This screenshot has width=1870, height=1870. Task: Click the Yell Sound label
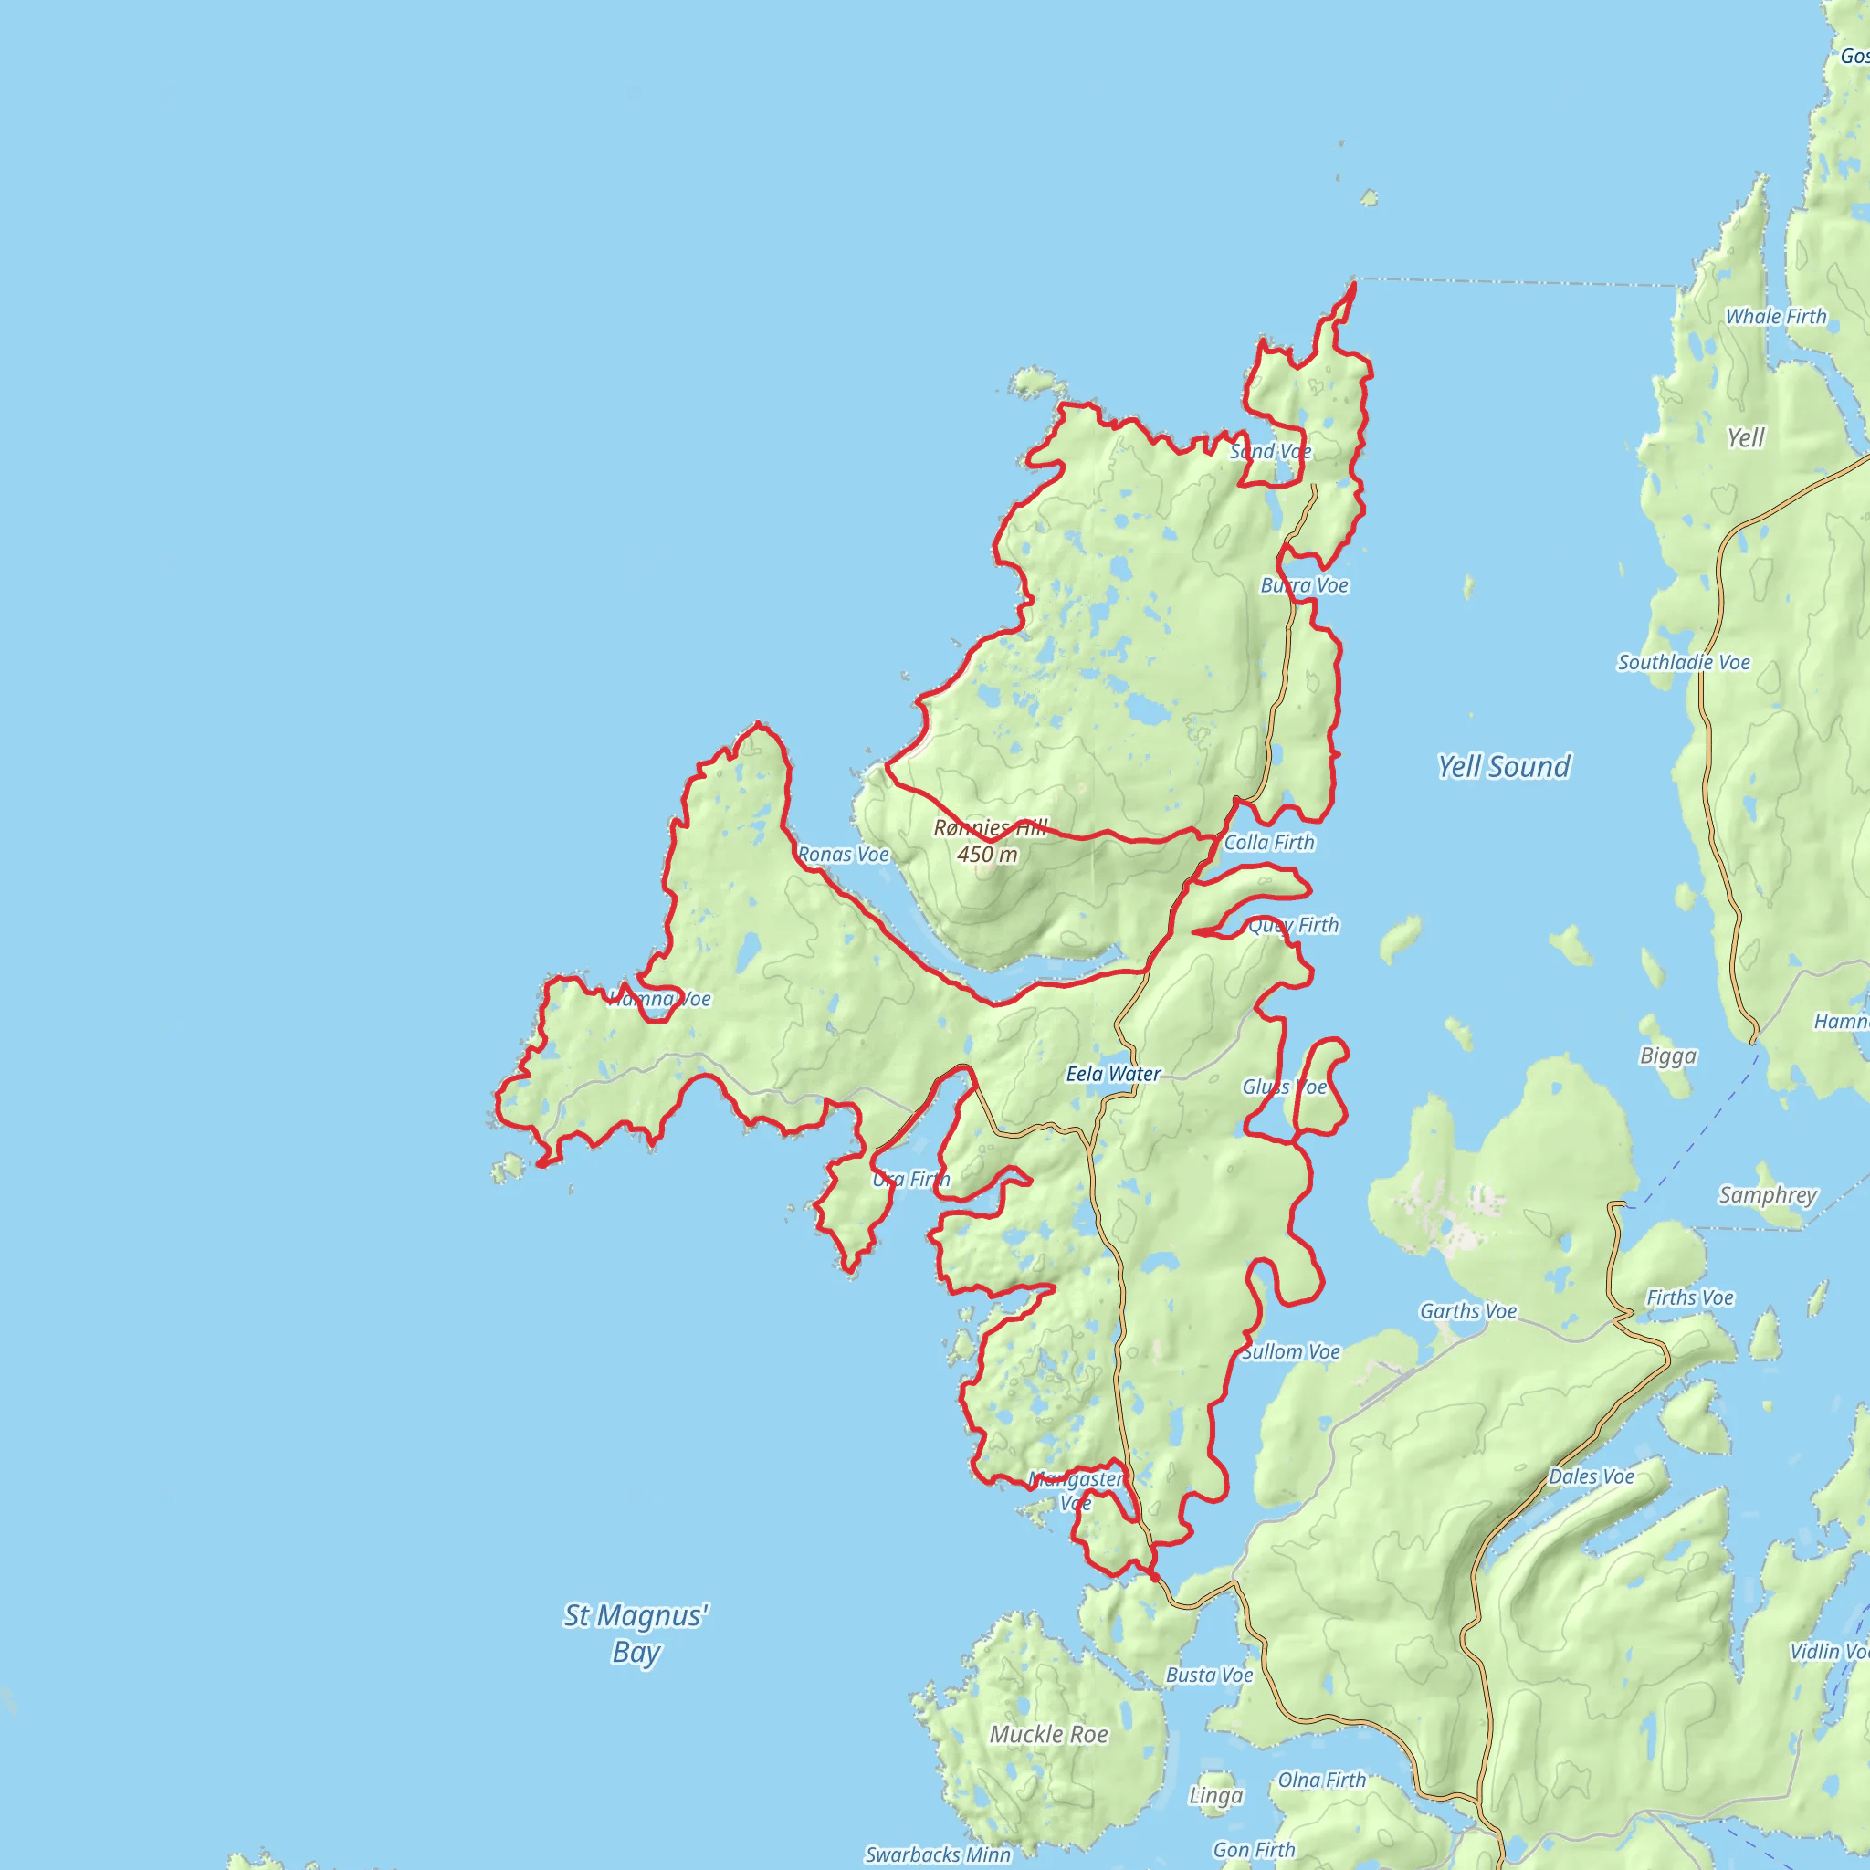point(1503,767)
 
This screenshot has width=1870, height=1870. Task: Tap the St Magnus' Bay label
point(636,1633)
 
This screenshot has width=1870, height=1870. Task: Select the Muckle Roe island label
point(1048,1735)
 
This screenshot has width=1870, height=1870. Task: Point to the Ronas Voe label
point(843,855)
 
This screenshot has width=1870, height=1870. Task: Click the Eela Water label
point(1113,1074)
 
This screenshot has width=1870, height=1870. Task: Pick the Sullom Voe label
point(1291,1351)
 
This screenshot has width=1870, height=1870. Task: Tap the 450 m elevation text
point(987,855)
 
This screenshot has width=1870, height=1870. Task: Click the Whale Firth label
point(1776,317)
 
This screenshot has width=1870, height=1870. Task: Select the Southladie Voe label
point(1684,662)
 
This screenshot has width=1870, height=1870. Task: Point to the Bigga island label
point(1667,1056)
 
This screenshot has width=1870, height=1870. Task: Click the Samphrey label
point(1768,1195)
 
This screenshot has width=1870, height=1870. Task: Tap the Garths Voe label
point(1468,1310)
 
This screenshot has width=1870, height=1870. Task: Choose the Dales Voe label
point(1592,1476)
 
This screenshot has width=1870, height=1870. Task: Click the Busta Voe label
point(1209,1675)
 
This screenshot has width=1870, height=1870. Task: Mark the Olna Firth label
point(1322,1780)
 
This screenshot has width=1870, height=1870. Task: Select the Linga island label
point(1215,1795)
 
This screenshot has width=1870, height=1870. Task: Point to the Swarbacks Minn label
point(937,1854)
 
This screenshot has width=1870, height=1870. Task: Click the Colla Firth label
point(1269,842)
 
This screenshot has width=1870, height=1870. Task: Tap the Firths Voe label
point(1690,1298)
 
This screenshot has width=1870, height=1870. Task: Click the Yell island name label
point(1746,437)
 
